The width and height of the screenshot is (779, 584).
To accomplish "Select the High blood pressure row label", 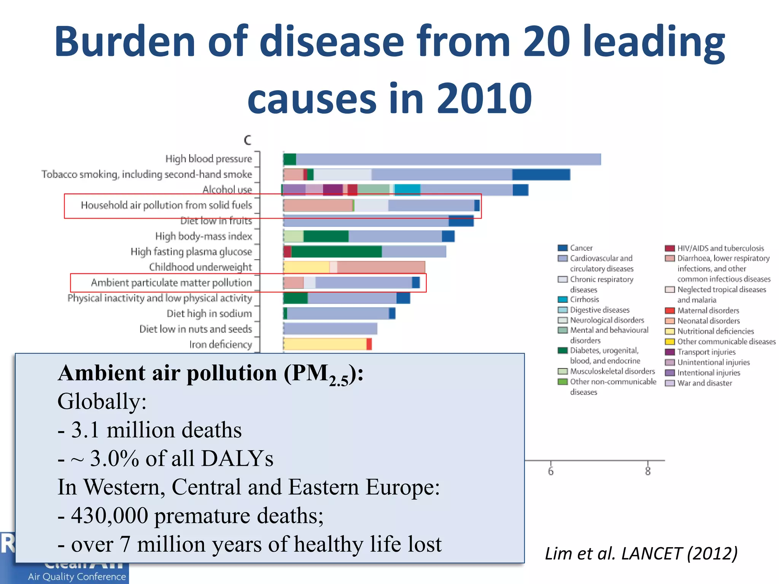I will [x=208, y=159].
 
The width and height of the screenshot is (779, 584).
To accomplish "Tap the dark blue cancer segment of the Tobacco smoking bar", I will [x=541, y=175].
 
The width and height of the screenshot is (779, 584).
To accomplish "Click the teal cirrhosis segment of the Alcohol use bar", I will [x=407, y=189].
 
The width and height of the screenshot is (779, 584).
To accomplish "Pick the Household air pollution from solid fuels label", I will [x=166, y=205].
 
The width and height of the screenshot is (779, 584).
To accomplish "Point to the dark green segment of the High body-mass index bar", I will [x=326, y=236].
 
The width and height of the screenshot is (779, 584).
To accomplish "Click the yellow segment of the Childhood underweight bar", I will [x=307, y=267].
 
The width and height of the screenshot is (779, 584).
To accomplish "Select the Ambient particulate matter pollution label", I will [x=171, y=283].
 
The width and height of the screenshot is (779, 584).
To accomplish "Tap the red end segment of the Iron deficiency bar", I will [x=369, y=344].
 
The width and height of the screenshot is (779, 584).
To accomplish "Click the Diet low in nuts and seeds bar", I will [x=330, y=328].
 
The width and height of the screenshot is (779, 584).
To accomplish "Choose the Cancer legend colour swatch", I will [x=563, y=248].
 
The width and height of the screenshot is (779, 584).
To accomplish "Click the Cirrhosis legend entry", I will [x=584, y=300].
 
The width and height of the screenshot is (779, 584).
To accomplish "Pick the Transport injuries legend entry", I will [x=706, y=352].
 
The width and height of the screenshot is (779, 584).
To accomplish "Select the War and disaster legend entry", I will [x=704, y=383].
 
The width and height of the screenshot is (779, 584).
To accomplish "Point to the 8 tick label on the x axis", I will [x=648, y=471].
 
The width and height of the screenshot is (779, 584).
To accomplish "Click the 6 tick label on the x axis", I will [x=551, y=471].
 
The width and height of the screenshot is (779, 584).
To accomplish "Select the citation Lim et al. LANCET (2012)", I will [x=641, y=554].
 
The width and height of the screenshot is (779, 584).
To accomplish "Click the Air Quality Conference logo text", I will [x=77, y=576].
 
